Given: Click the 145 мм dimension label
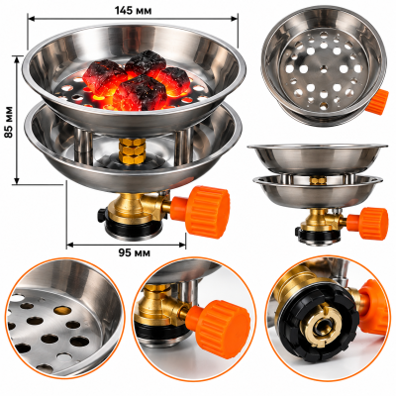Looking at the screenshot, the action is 133,11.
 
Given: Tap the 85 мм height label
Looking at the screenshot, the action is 9,122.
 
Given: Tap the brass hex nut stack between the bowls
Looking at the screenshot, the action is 132,150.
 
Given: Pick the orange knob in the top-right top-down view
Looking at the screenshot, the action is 379,102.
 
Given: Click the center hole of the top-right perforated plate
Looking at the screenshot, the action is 323,69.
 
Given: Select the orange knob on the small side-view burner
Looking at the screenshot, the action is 369,223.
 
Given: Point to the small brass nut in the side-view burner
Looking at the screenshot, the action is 318,180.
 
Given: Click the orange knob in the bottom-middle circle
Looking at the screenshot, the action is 218,328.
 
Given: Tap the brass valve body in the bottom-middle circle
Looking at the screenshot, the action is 157,306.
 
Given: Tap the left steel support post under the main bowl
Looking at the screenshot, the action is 82,143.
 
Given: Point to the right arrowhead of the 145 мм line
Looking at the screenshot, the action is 235,19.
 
